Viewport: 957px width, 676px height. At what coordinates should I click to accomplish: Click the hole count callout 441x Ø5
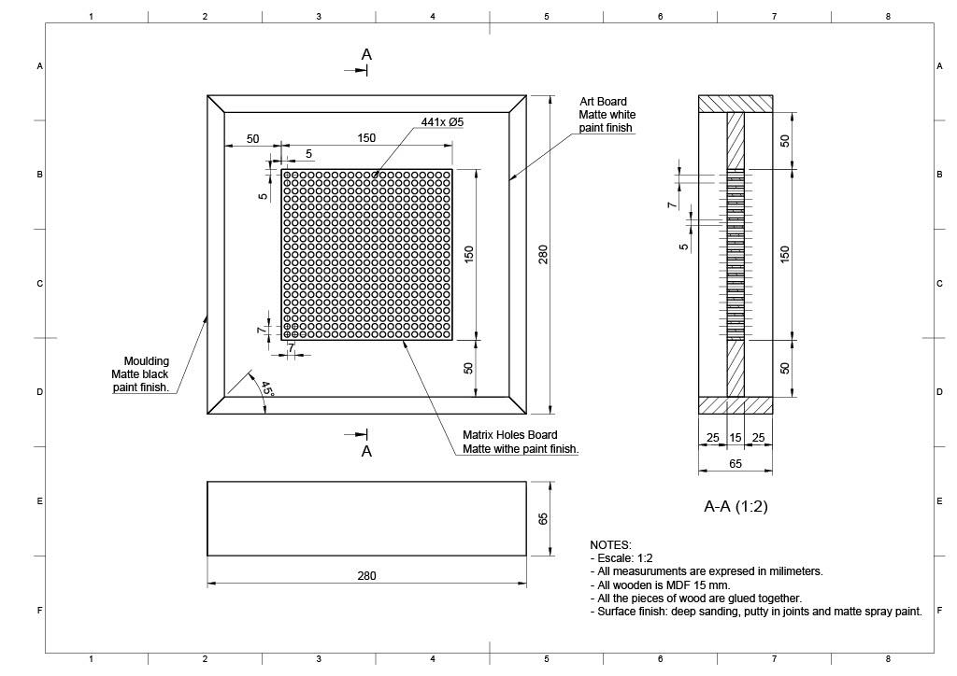point(442,122)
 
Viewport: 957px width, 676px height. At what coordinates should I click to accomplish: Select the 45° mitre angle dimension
point(267,389)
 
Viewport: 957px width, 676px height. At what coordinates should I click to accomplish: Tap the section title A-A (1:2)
point(736,507)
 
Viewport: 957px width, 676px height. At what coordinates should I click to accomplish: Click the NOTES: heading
point(610,544)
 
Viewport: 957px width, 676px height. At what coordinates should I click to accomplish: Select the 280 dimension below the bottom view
point(366,575)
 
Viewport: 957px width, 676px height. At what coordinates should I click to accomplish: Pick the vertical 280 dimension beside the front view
point(543,254)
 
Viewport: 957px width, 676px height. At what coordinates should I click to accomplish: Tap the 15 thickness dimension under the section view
point(736,438)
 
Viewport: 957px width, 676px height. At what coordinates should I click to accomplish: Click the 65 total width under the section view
point(736,463)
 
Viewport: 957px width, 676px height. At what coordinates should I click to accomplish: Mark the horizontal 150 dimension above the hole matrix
point(366,138)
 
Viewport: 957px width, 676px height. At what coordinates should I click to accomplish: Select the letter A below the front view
point(366,451)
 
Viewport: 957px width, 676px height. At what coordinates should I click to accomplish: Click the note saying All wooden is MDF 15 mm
point(660,584)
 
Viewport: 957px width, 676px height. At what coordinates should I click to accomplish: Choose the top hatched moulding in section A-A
point(736,104)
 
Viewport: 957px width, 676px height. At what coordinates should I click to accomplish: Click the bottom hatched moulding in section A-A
point(736,405)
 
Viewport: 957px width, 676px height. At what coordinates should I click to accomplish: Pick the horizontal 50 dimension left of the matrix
point(252,139)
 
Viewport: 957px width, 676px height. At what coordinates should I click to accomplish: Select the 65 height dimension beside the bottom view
point(543,518)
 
